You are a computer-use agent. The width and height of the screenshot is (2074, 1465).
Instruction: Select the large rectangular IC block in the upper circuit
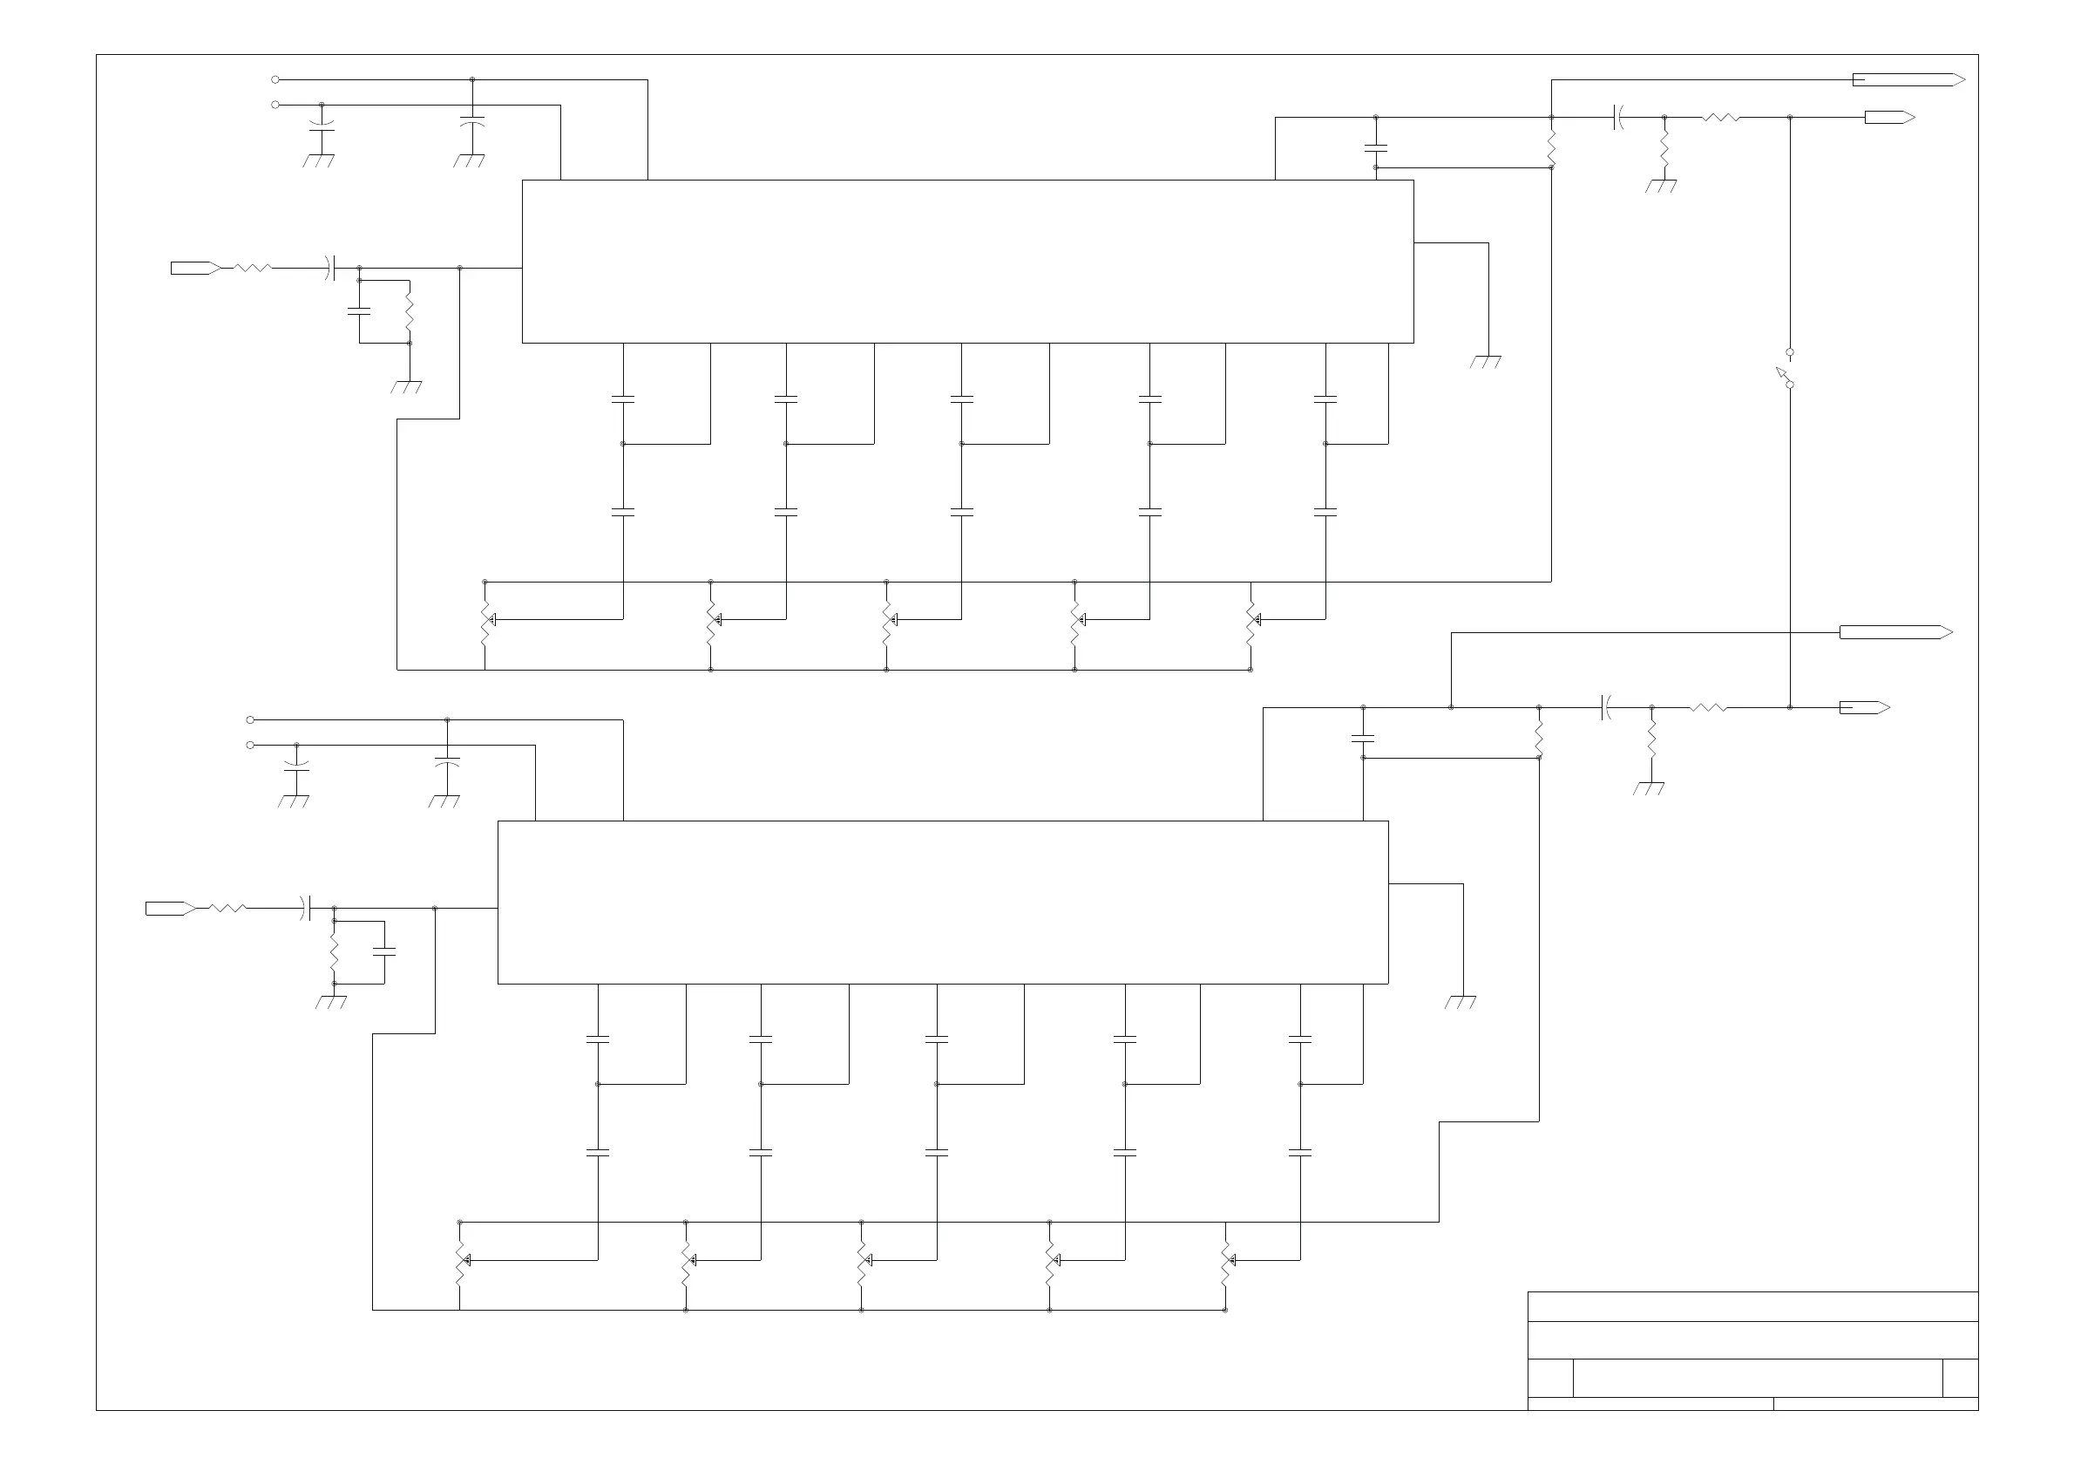point(967,262)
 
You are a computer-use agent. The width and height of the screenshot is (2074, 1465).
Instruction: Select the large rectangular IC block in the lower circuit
point(942,902)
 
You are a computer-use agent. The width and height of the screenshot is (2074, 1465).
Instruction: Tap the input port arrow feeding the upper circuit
point(195,268)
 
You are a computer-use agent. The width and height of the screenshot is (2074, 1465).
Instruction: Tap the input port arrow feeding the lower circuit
point(170,909)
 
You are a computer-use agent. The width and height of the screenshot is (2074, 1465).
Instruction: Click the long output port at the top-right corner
point(1908,79)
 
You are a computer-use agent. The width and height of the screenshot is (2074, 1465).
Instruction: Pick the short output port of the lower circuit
point(1863,707)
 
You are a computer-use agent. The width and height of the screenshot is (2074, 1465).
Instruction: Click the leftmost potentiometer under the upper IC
point(485,620)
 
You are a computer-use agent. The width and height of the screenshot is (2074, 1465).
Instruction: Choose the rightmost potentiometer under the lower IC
point(1226,1260)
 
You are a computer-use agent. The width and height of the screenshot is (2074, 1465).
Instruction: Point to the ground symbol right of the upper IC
point(1486,362)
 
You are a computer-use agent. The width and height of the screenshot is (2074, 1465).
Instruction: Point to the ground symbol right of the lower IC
point(1461,1001)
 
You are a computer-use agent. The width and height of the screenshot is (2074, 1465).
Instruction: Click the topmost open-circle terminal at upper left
point(275,79)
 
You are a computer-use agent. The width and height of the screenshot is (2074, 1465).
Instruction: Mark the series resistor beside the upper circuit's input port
point(253,268)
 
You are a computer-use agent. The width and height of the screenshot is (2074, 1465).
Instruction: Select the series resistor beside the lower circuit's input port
point(227,909)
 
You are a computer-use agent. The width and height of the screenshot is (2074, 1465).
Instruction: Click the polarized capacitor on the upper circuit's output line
point(1618,117)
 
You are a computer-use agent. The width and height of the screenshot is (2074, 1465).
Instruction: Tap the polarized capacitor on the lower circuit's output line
point(1605,707)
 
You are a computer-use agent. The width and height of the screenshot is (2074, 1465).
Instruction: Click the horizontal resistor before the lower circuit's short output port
point(1708,707)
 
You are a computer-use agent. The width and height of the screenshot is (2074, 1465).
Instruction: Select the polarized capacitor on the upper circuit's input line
point(330,268)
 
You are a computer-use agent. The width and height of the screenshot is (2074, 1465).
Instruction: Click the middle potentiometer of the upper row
point(887,620)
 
